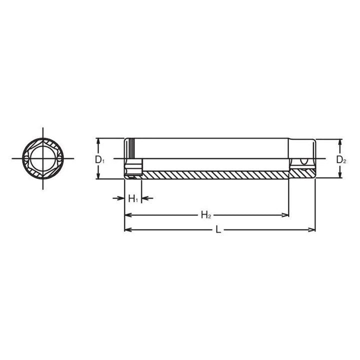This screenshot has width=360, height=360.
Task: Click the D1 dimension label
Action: tap(99, 160)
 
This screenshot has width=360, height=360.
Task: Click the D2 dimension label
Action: tap(341, 160)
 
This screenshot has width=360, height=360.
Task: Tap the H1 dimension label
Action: tap(132, 199)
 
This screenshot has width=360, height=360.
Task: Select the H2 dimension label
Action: tap(206, 215)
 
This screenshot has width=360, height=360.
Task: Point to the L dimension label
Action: tap(218, 229)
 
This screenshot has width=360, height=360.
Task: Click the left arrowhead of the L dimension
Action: tap(127, 229)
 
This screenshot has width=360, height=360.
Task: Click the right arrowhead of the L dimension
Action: tap(312, 229)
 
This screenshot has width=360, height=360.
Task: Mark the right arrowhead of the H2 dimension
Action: tap(286, 215)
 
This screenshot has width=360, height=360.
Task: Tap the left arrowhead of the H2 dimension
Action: tap(127, 215)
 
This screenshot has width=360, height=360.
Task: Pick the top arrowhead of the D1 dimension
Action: tap(99, 141)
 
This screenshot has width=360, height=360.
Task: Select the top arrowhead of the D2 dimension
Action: tap(341, 141)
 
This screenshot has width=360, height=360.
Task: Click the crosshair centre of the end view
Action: tap(42, 158)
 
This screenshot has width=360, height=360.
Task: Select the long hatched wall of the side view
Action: tap(215, 174)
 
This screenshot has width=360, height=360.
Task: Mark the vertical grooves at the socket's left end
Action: tap(131, 148)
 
